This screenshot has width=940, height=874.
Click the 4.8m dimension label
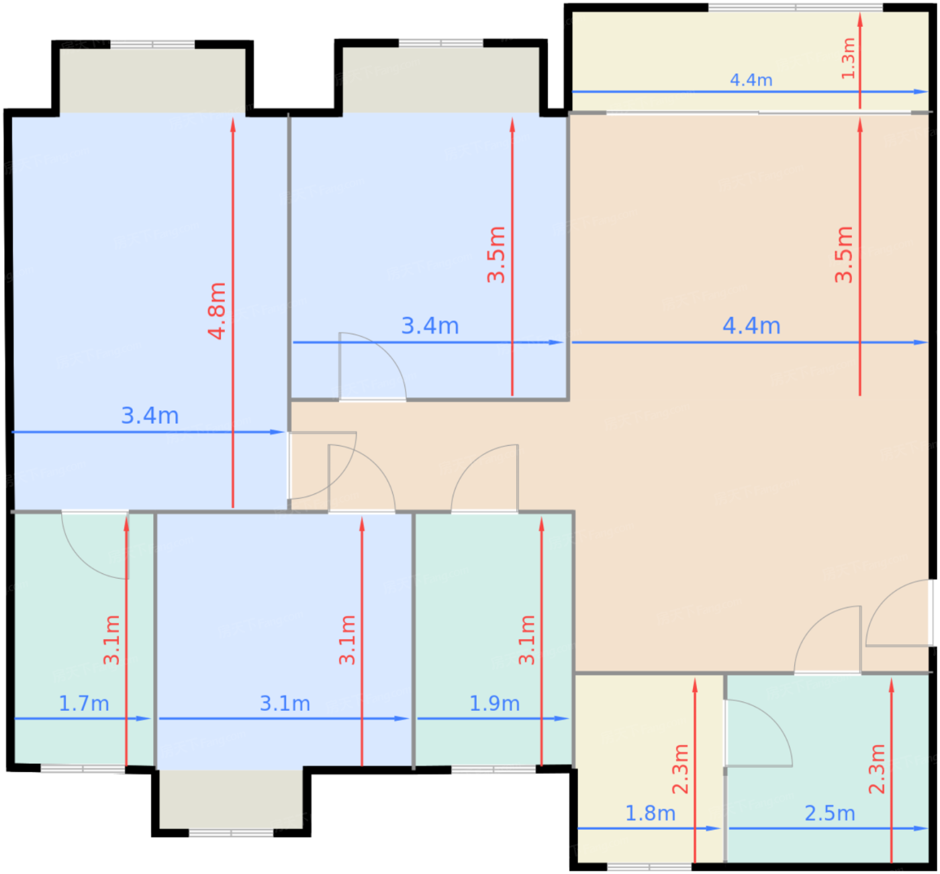click(217, 311)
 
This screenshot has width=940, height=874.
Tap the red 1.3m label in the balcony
click(848, 58)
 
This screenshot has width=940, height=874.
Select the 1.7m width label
click(84, 703)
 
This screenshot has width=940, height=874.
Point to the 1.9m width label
click(494, 703)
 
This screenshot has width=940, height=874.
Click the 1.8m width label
click(650, 814)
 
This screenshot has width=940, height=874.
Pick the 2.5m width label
click(830, 814)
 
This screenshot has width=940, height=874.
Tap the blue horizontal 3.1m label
click(285, 703)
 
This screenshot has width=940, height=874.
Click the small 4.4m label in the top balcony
click(751, 80)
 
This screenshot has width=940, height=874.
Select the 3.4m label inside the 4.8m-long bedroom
click(150, 416)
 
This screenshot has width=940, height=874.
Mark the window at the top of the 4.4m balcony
click(795, 7)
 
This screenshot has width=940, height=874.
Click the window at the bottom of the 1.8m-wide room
click(649, 867)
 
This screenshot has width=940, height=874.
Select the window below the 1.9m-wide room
click(493, 770)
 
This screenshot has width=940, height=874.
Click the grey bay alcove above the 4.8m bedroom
click(152, 81)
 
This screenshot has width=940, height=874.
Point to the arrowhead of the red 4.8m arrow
click(233, 124)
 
